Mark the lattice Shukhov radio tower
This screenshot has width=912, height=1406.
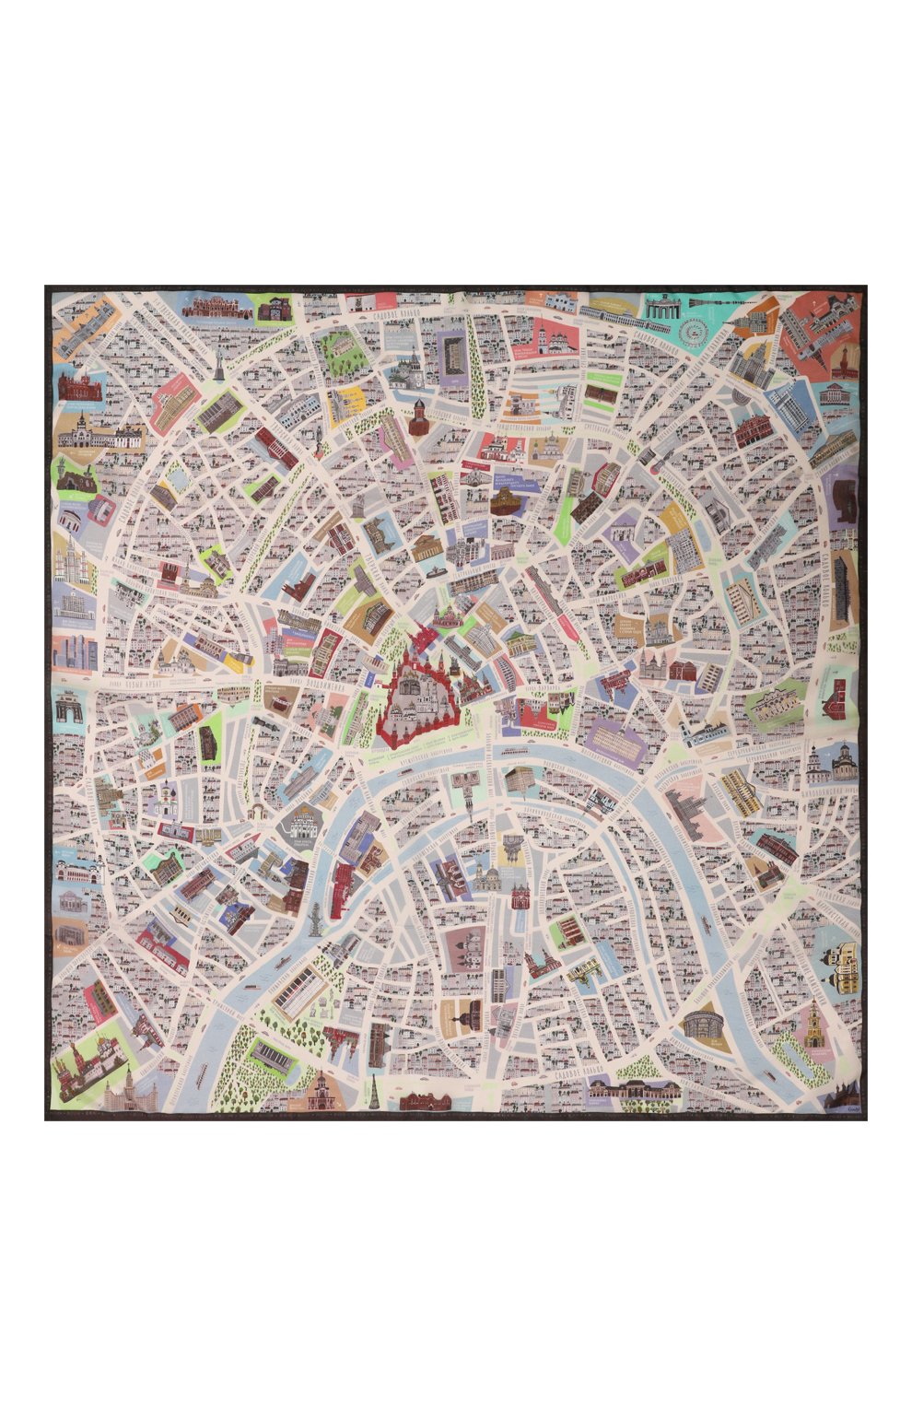(x=377, y=1094)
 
